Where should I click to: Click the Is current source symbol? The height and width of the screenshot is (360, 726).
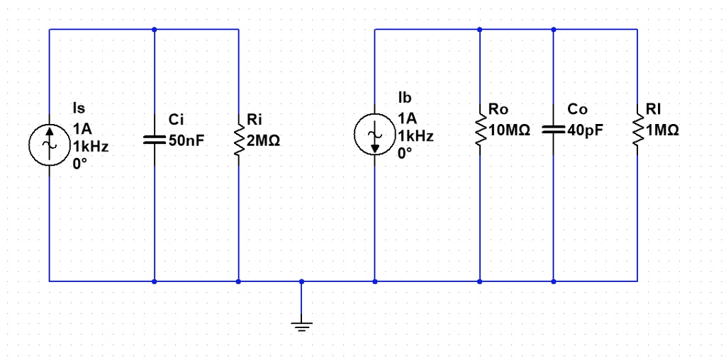tap(49, 141)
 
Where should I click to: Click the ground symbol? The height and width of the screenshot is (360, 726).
tap(301, 325)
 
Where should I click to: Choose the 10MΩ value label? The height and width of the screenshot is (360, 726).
tap(509, 131)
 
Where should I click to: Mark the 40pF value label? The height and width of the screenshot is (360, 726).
tap(586, 131)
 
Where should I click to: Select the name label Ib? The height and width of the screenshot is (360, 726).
tap(405, 98)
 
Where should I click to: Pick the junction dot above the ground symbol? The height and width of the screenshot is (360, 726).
tap(301, 281)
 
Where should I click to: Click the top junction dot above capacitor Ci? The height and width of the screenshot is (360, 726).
tap(154, 30)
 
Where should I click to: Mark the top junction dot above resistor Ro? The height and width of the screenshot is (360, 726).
tap(480, 30)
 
